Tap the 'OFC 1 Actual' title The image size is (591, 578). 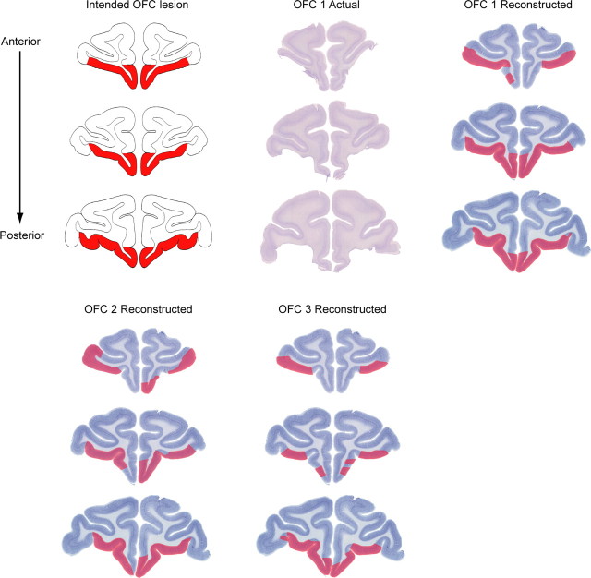326,6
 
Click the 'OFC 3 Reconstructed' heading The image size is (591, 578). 332,308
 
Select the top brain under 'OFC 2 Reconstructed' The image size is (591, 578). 139,355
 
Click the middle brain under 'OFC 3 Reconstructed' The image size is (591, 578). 332,443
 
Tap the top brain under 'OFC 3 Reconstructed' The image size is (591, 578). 332,355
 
